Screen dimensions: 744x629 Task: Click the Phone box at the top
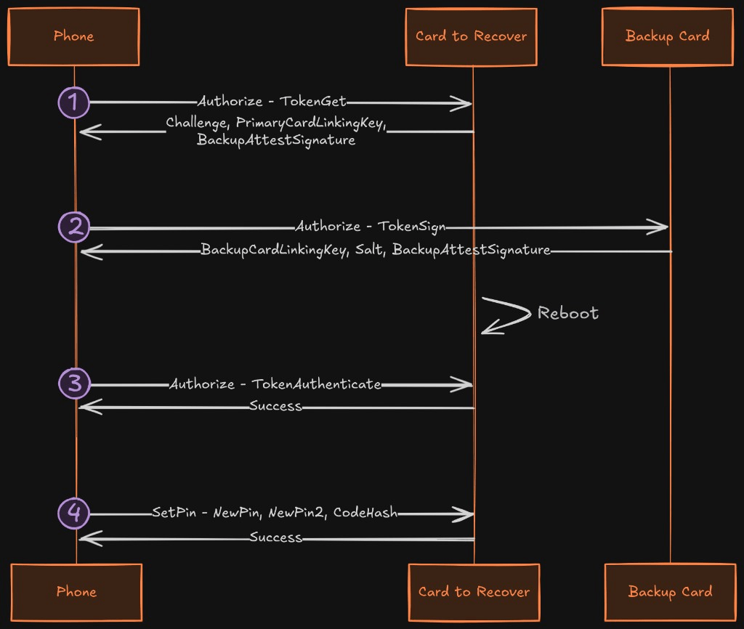click(x=73, y=36)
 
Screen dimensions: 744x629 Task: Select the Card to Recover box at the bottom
click(x=474, y=592)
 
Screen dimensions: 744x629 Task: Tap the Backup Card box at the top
click(x=668, y=36)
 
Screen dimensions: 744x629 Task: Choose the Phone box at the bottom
click(x=76, y=592)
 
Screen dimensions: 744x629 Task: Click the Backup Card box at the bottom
click(x=670, y=592)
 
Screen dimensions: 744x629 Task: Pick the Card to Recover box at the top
click(x=471, y=36)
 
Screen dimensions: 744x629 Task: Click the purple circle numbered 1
click(x=74, y=102)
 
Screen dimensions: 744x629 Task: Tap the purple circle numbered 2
click(x=74, y=227)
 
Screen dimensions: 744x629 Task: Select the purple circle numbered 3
click(x=75, y=384)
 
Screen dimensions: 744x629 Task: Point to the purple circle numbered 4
click(x=73, y=513)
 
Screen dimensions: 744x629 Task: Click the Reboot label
click(x=568, y=313)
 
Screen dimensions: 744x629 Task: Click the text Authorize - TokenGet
click(x=272, y=102)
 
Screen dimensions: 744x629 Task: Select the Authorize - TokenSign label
click(x=371, y=227)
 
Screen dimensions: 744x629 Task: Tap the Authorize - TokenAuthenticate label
click(x=275, y=384)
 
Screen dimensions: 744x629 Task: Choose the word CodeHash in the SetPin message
click(x=365, y=512)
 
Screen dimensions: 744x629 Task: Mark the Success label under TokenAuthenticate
click(x=275, y=406)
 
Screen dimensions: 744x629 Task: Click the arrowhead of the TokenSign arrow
click(x=657, y=227)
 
